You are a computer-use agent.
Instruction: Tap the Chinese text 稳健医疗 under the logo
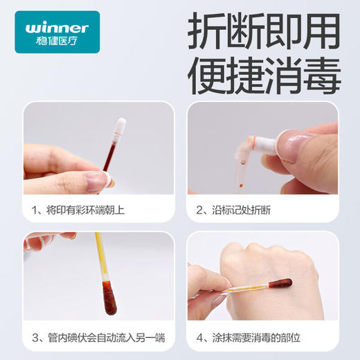pyautogui.click(x=57, y=41)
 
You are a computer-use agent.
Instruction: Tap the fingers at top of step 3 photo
pyautogui.click(x=48, y=240)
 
